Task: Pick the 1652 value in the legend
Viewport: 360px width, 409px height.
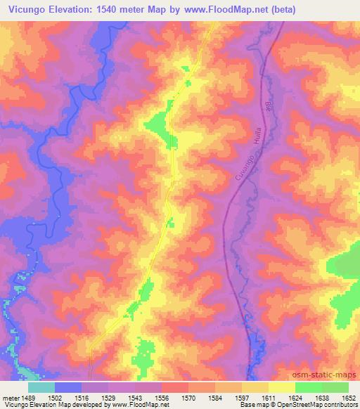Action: pos(348,397)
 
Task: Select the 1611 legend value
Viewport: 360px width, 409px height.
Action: pos(268,397)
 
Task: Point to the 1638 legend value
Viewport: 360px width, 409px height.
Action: pos(321,397)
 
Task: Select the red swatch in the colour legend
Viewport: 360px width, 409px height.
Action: pos(174,387)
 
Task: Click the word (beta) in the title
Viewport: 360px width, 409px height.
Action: pos(278,10)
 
